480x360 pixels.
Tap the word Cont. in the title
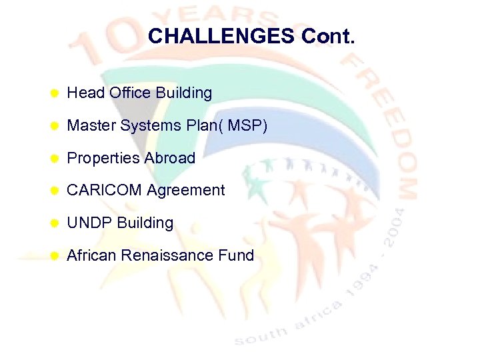328,36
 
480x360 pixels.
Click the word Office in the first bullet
131,93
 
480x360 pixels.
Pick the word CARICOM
104,190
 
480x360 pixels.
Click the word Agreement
186,191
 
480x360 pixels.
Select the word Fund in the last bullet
238,255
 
